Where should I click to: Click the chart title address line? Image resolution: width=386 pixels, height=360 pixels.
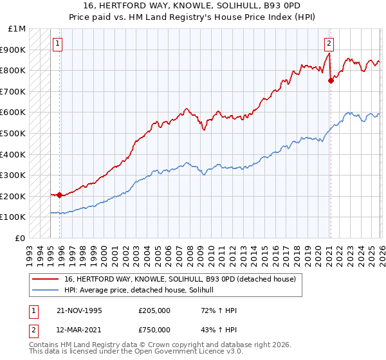[193, 6]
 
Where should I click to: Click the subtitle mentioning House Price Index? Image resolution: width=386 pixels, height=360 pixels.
[193, 16]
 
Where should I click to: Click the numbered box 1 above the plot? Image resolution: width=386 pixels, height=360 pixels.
[58, 44]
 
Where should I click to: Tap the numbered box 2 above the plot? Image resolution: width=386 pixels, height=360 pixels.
[329, 44]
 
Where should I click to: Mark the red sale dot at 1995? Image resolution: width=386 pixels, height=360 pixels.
[59, 195]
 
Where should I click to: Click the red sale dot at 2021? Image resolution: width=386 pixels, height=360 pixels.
[331, 80]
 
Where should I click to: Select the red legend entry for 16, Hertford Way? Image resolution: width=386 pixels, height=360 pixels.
[180, 279]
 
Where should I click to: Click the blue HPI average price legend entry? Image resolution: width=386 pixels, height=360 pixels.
[143, 290]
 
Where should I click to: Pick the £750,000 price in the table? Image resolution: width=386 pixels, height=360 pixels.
[155, 330]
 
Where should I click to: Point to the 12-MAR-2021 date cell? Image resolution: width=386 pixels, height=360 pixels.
[79, 330]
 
